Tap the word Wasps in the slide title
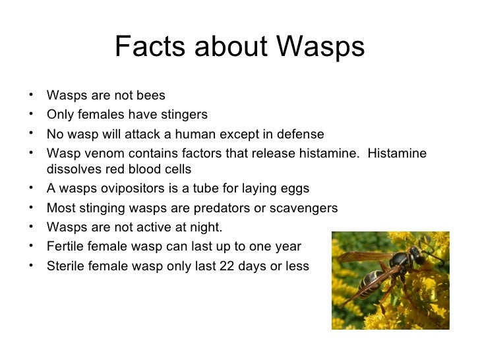pyautogui.click(x=321, y=47)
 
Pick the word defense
pyautogui.click(x=299, y=135)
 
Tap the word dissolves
pyautogui.click(x=73, y=169)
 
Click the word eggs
pyautogui.click(x=295, y=189)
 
